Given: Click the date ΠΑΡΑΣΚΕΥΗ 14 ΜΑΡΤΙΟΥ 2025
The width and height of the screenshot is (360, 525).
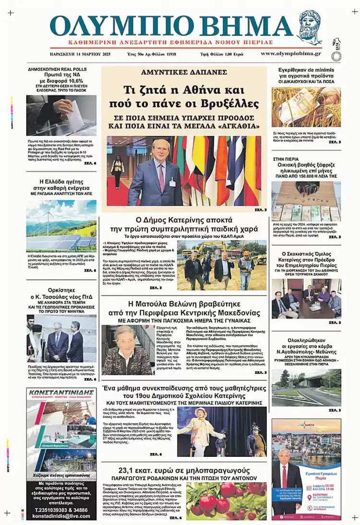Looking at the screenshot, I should (x=80, y=54).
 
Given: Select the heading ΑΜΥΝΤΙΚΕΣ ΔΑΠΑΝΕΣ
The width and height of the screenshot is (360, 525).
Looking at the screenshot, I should (x=183, y=72).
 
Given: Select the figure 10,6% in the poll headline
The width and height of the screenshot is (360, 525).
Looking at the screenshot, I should (x=72, y=81).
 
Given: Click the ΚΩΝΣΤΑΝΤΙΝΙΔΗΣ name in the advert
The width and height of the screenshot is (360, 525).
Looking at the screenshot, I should (x=61, y=393).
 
